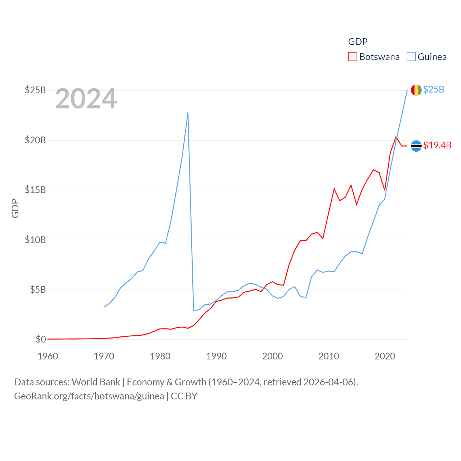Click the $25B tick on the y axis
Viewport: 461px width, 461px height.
[x=35, y=90]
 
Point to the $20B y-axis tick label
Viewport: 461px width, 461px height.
[x=35, y=140]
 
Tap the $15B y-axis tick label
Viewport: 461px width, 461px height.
[x=35, y=190]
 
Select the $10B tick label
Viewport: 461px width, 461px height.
[x=35, y=240]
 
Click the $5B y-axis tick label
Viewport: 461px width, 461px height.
[x=38, y=290]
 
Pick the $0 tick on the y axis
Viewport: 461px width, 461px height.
[x=41, y=339]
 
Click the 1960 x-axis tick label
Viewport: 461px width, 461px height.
[x=48, y=357]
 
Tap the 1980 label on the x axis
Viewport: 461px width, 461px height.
[x=160, y=357]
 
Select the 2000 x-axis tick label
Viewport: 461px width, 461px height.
[x=273, y=357]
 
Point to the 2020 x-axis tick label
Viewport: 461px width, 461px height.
[x=385, y=357]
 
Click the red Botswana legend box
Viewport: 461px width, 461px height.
[x=353, y=57]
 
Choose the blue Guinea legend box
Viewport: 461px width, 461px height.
[x=411, y=57]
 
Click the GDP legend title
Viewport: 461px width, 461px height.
[x=358, y=42]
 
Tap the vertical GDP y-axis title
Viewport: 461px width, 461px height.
[x=15, y=208]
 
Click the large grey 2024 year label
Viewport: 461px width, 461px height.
[x=86, y=99]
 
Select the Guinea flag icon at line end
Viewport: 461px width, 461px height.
[x=416, y=90]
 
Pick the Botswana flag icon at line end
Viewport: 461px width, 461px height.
[x=416, y=146]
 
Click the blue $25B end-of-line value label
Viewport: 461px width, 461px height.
[x=434, y=89]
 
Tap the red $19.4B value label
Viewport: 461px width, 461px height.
[x=437, y=145]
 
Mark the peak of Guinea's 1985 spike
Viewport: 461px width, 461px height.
[x=188, y=113]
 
